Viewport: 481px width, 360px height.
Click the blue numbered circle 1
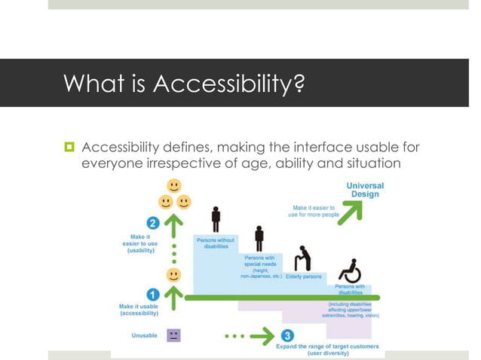click(x=152, y=294)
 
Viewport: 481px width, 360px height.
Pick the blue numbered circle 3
click(x=287, y=334)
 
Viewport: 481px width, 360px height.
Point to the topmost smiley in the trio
click(x=174, y=185)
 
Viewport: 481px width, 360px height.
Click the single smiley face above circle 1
click(x=174, y=274)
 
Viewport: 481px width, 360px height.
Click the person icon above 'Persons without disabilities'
click(x=216, y=219)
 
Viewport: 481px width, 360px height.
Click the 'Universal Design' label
click(x=365, y=190)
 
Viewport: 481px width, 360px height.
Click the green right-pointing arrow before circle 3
click(x=259, y=334)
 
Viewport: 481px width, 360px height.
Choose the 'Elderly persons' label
click(x=303, y=277)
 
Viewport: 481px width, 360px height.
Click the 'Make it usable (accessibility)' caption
click(x=138, y=310)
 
